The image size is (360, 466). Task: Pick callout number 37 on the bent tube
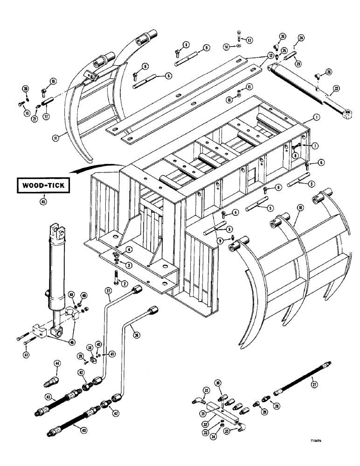tap(108, 292)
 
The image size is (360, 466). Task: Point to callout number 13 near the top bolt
tap(249, 40)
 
